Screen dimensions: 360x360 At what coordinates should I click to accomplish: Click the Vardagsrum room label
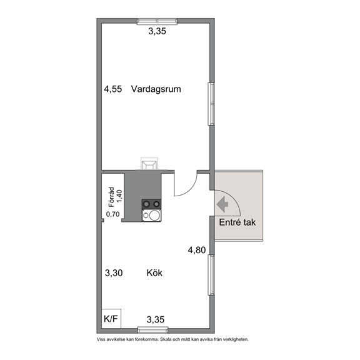coord(156,89)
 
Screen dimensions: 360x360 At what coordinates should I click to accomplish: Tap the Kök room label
coord(154,272)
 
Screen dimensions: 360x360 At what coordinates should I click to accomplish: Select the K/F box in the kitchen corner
coord(111,319)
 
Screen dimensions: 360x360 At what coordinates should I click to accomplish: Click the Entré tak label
coord(237,222)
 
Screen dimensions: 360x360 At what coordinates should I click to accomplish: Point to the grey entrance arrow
coord(222,204)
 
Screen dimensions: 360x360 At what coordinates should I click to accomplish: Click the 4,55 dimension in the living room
coord(113,89)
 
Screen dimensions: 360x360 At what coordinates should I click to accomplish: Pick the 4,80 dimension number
coord(197,250)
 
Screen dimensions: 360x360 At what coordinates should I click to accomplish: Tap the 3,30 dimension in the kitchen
coord(114,273)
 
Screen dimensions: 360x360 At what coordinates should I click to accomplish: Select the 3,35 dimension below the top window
coord(157,31)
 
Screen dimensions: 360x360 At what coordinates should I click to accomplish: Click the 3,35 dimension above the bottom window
coord(156,319)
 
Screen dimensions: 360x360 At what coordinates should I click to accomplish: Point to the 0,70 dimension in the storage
coord(112,214)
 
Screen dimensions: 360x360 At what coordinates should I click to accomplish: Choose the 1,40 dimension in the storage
coord(120,196)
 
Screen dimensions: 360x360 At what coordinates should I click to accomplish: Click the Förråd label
coord(111,197)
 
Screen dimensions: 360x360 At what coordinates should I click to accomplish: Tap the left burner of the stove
coord(146,204)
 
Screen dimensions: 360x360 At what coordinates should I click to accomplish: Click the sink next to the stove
coord(151,216)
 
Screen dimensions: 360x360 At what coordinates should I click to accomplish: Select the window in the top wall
coord(157,21)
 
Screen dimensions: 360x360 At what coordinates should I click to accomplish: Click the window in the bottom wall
coord(152,331)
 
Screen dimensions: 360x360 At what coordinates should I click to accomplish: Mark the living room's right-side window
coord(211,104)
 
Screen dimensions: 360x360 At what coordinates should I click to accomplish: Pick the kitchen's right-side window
coord(211,275)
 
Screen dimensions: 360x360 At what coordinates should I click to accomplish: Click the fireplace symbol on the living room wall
coord(149,163)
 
